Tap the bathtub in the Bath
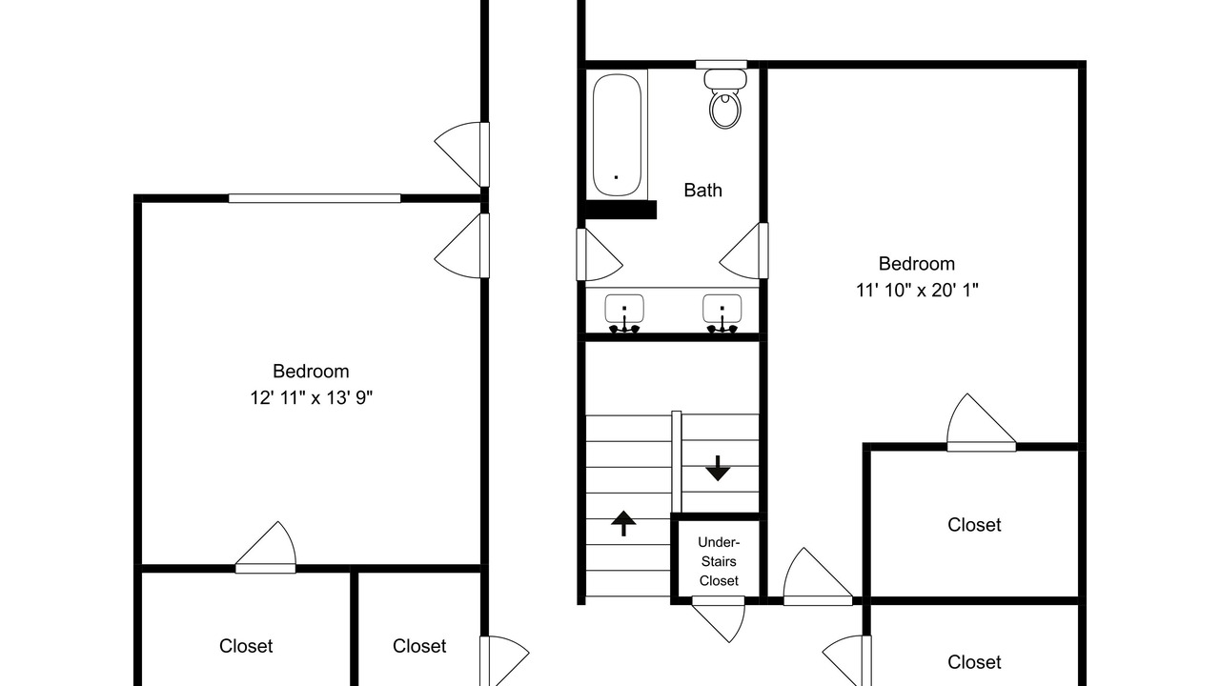(617, 134)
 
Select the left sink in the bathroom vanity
(624, 313)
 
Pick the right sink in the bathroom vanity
(722, 313)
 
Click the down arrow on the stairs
(718, 468)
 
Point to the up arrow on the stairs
(623, 523)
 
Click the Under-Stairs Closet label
(719, 561)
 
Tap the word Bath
(702, 190)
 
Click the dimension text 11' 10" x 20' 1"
(917, 291)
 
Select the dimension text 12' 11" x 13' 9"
(311, 398)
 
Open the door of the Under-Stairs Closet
(718, 619)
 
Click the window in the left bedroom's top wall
(315, 198)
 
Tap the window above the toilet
(722, 65)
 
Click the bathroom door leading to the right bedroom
(743, 251)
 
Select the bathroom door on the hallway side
(600, 254)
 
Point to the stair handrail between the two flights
(677, 462)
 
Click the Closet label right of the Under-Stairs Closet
(974, 525)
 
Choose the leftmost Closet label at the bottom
(246, 646)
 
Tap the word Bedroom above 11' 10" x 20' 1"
(917, 264)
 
